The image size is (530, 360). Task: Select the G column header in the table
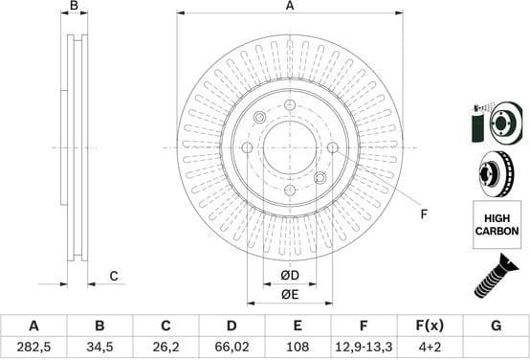(x=496, y=326)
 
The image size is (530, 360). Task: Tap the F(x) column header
(x=430, y=326)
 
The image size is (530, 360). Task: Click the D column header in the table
(x=231, y=326)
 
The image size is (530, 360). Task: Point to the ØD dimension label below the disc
(x=290, y=277)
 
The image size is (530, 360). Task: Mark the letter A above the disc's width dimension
(x=290, y=7)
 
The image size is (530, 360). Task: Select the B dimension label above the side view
(x=74, y=7)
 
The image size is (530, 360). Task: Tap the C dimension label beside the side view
(x=113, y=277)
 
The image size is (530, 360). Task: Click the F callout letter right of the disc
(x=424, y=214)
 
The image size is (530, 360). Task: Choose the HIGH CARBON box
(x=497, y=226)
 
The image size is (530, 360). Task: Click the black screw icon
(x=496, y=280)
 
